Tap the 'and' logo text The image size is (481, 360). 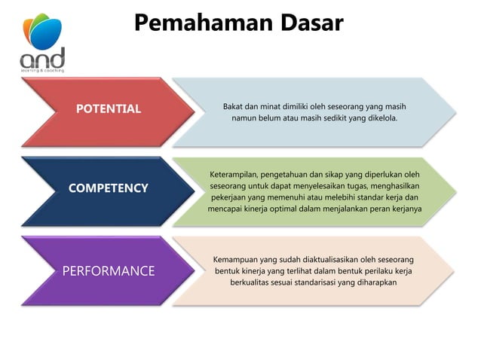pos(42,58)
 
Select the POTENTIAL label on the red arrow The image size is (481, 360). pos(109,109)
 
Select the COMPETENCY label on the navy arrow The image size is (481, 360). pos(109,188)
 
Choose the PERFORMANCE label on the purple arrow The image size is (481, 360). pos(109,271)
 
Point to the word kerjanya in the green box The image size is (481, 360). pos(404,209)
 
